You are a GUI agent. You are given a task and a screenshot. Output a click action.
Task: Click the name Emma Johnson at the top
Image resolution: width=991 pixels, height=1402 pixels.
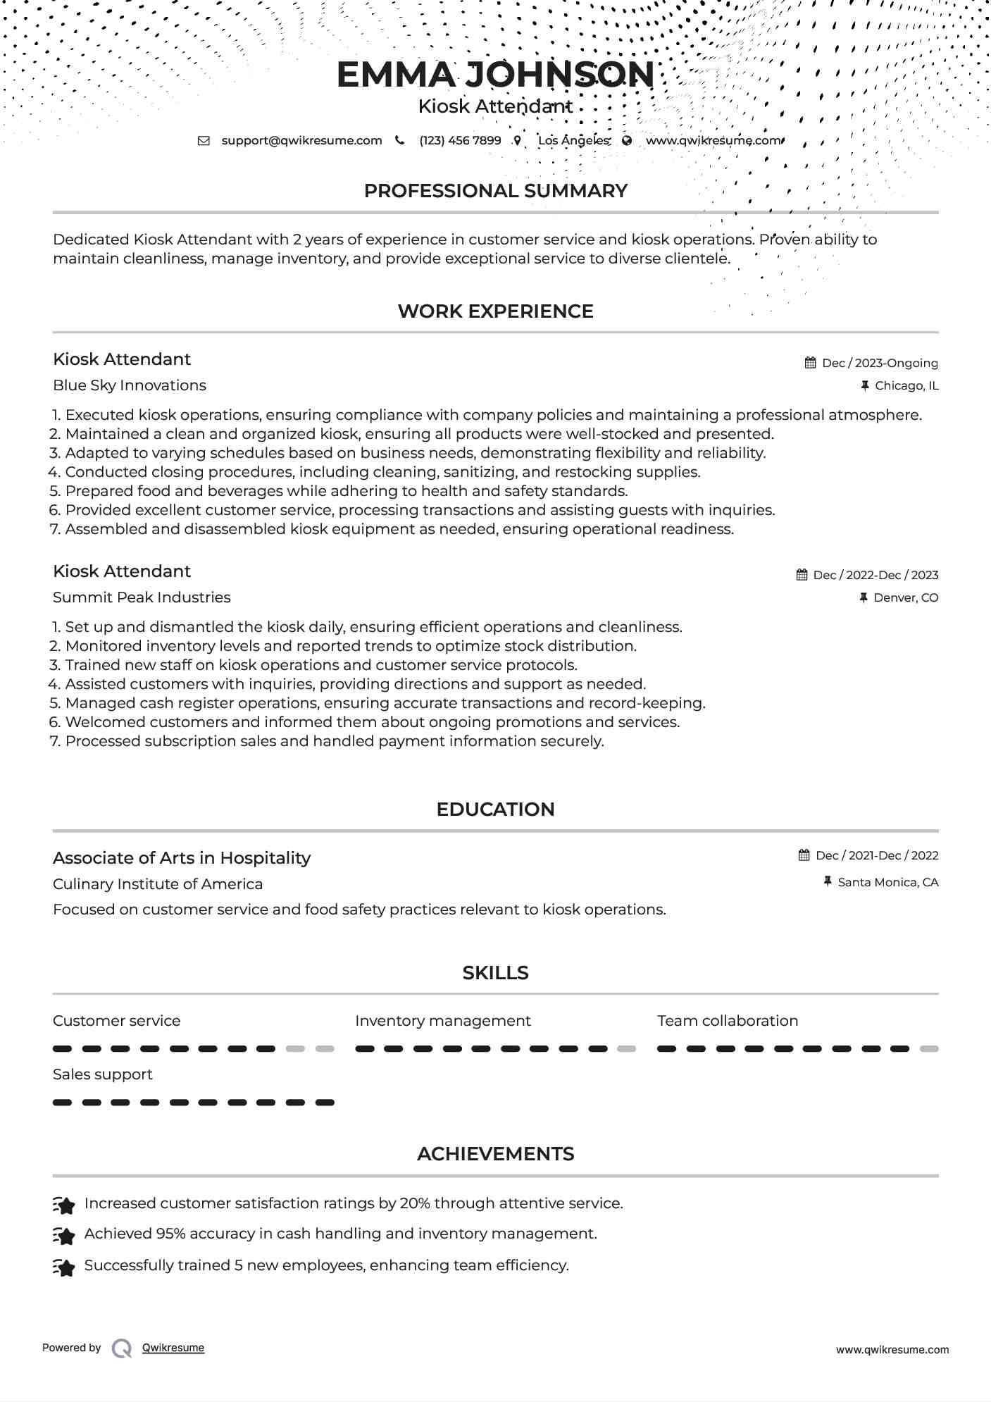click(x=495, y=75)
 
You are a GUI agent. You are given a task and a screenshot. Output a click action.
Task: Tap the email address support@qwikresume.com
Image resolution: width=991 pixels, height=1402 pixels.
click(x=301, y=140)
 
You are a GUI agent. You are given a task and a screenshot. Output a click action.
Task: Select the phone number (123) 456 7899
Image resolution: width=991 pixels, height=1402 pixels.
click(x=460, y=140)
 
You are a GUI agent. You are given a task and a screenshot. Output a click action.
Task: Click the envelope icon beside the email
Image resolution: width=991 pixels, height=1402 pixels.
click(x=204, y=140)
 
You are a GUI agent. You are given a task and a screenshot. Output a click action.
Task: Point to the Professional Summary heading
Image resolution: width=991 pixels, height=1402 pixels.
click(x=495, y=191)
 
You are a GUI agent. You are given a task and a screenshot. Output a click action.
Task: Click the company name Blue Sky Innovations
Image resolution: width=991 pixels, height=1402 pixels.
click(x=130, y=385)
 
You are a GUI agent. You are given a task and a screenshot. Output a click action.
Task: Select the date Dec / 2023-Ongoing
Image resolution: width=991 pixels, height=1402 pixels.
click(x=880, y=363)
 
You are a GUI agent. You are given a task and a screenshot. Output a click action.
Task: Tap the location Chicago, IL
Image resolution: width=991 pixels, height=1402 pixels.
click(x=906, y=385)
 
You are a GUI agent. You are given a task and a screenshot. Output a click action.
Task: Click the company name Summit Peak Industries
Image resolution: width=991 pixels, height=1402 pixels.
click(x=142, y=597)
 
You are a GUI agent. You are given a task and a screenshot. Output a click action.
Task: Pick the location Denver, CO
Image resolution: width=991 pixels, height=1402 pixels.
click(x=906, y=597)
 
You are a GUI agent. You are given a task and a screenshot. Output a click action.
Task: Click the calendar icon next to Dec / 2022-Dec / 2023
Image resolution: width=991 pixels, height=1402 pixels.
click(x=802, y=575)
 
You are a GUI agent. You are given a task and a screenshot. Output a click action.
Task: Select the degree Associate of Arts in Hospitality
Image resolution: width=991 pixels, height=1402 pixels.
click(x=182, y=858)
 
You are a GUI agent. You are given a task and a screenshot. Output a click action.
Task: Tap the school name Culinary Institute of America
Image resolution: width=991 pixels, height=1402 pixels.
click(x=158, y=884)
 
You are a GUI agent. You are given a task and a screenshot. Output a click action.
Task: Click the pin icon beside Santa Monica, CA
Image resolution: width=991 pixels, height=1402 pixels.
click(x=828, y=881)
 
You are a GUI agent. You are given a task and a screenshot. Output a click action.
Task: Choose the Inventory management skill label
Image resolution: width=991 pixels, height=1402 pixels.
click(x=442, y=1021)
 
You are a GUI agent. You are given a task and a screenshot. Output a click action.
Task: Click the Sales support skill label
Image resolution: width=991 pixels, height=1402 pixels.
click(x=103, y=1074)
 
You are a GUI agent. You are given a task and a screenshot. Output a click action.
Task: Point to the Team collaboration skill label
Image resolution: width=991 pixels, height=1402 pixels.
click(x=728, y=1021)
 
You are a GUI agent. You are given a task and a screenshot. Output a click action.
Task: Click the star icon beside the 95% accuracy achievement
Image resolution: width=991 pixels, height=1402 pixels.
click(x=64, y=1236)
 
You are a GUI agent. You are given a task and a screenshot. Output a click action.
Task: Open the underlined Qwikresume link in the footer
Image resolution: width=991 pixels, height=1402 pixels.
click(x=173, y=1348)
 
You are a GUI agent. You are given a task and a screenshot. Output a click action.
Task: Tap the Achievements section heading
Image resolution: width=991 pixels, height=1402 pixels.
click(x=495, y=1154)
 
